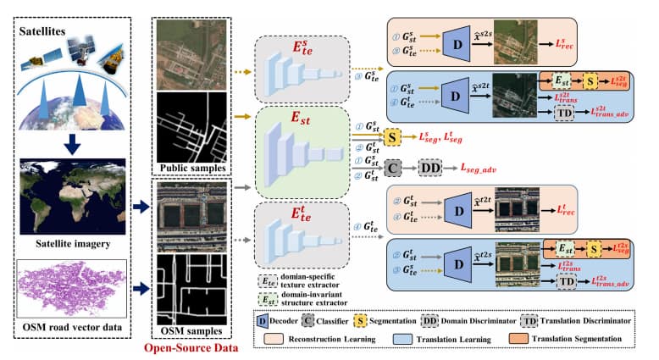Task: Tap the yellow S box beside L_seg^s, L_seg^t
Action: [392, 136]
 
